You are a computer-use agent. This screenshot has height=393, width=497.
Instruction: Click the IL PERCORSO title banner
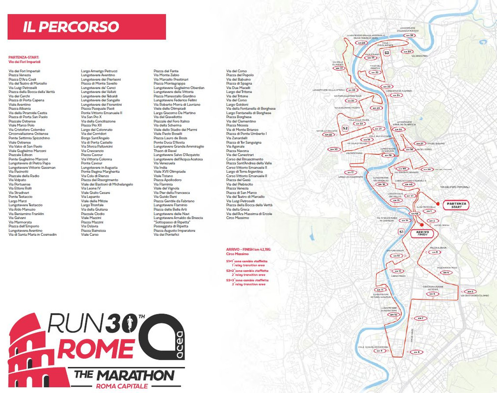[86, 27]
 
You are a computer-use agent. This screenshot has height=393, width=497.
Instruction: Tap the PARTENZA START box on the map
[456, 205]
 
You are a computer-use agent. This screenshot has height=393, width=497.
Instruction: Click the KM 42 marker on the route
[414, 214]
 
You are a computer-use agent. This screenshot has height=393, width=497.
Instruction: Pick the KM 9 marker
[379, 351]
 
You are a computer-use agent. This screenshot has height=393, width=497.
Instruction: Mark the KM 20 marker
[334, 149]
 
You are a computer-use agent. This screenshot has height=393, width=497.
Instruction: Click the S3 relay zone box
[387, 53]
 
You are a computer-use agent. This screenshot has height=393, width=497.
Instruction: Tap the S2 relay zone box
[345, 128]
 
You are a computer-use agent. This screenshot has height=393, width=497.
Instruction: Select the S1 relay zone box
[401, 231]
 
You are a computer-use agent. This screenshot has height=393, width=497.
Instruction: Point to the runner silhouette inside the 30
[130, 322]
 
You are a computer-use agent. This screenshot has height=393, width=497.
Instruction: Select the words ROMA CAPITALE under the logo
[122, 386]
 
